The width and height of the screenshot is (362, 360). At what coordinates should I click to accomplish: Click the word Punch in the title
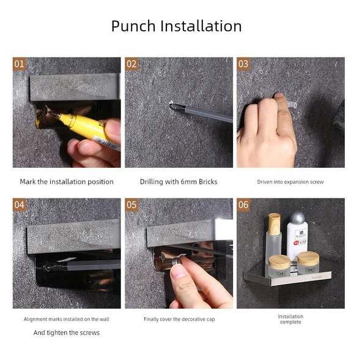133,26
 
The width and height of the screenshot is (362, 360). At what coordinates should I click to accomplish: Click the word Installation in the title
201,26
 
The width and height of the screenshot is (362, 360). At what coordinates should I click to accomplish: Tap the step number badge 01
19,64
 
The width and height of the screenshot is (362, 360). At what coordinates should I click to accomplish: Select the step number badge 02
131,64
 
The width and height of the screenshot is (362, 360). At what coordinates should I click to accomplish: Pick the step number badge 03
243,64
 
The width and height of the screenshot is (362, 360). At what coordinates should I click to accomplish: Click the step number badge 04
19,205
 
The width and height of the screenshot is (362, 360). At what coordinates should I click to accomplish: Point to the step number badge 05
131,205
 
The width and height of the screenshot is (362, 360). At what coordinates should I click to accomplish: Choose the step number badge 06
243,205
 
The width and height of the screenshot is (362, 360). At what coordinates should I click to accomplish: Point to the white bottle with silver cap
297,235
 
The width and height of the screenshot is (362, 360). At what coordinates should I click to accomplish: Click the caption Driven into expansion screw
290,182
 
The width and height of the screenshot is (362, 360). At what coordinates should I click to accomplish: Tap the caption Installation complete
290,319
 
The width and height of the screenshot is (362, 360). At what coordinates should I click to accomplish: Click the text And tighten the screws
67,332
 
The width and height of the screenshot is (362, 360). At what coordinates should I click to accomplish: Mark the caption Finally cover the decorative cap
179,320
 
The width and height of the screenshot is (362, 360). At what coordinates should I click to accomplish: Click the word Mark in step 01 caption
28,182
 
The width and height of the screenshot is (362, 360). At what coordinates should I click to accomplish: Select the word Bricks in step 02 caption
208,182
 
